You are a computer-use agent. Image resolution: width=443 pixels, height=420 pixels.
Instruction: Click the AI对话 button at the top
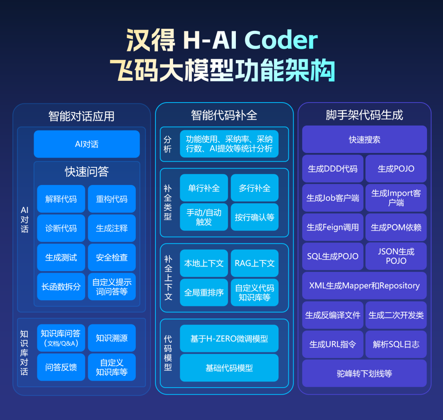(x=87, y=144)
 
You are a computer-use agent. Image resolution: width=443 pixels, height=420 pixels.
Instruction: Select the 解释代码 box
(x=61, y=199)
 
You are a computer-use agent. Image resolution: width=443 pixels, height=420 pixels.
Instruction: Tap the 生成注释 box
(x=112, y=228)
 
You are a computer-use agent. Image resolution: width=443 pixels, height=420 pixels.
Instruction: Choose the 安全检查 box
(x=112, y=257)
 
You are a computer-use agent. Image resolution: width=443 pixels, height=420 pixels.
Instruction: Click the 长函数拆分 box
(x=61, y=286)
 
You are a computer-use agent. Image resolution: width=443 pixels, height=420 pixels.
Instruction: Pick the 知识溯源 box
(x=112, y=338)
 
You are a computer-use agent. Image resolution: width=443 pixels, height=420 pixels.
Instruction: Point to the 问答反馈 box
(x=61, y=367)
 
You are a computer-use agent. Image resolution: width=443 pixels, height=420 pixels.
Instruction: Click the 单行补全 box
(x=204, y=188)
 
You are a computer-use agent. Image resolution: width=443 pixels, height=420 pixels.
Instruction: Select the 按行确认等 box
(x=254, y=217)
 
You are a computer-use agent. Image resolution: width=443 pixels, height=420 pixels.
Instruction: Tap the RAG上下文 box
(x=254, y=263)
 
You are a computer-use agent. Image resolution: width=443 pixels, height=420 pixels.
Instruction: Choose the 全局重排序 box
(x=204, y=292)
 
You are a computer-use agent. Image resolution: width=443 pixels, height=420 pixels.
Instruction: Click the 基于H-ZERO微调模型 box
(x=229, y=339)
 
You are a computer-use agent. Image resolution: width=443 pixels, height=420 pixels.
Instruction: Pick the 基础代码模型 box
(x=229, y=368)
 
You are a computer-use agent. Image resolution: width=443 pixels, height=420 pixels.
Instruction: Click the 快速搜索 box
(x=364, y=139)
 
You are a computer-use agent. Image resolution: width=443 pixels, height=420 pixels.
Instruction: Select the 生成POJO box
(x=396, y=169)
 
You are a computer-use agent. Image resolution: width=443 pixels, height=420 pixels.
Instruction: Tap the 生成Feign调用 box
(x=333, y=227)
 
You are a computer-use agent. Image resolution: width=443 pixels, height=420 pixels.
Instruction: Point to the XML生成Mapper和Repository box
(x=364, y=285)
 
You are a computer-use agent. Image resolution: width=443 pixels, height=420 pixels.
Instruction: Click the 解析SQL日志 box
(x=396, y=344)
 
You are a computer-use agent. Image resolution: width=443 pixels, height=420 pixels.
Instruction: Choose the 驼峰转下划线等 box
(x=364, y=373)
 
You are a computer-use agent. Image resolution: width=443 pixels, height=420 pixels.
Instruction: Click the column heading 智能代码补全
(x=224, y=115)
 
